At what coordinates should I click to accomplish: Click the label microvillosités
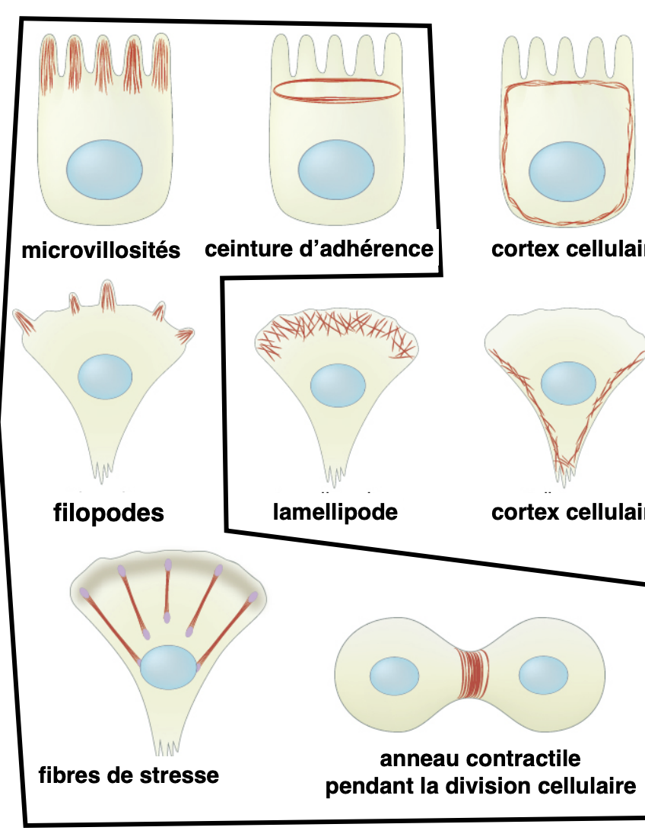pyautogui.click(x=101, y=250)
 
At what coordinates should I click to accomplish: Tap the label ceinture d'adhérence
pyautogui.click(x=319, y=248)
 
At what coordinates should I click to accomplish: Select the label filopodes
pyautogui.click(x=109, y=512)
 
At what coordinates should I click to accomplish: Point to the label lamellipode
pyautogui.click(x=335, y=511)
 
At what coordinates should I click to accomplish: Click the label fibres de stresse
pyautogui.click(x=129, y=775)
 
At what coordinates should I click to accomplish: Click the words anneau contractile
pyautogui.click(x=480, y=759)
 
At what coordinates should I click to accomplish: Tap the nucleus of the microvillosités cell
pyautogui.click(x=104, y=170)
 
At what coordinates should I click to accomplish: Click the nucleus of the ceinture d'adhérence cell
pyautogui.click(x=335, y=170)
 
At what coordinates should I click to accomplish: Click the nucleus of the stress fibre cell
pyautogui.click(x=168, y=667)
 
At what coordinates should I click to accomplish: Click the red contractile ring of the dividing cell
pyautogui.click(x=473, y=674)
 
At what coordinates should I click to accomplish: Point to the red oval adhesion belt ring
pyautogui.click(x=337, y=90)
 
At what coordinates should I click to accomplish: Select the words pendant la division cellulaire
pyautogui.click(x=480, y=786)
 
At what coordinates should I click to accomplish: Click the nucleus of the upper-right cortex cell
pyautogui.click(x=566, y=170)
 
